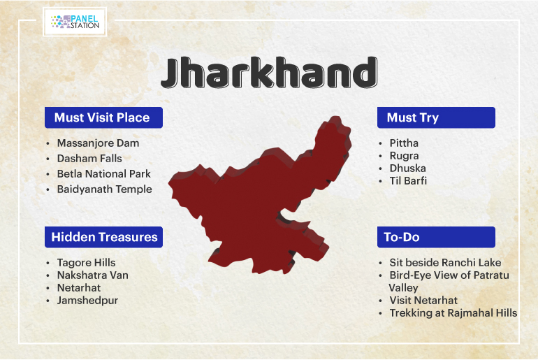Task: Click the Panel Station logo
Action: pyautogui.click(x=75, y=22)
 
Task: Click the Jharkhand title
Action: pyautogui.click(x=269, y=73)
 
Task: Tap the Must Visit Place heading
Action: pyautogui.click(x=103, y=117)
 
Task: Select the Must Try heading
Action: pyautogui.click(x=436, y=117)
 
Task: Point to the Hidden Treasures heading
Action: pyautogui.click(x=103, y=237)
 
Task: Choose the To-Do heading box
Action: pyautogui.click(x=436, y=237)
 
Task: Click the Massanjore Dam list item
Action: pyautogui.click(x=98, y=143)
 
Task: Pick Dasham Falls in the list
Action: pyautogui.click(x=89, y=159)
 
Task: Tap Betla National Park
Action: pyautogui.click(x=104, y=174)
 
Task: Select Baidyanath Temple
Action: pyautogui.click(x=104, y=189)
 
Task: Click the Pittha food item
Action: pyautogui.click(x=404, y=143)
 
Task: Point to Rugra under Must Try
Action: pyautogui.click(x=404, y=156)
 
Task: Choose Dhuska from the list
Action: pyautogui.click(x=407, y=168)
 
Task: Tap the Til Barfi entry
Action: pyautogui.click(x=408, y=181)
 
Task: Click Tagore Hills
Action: pyautogui.click(x=86, y=263)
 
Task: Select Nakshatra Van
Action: pyautogui.click(x=93, y=275)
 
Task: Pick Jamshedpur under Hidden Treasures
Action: pyautogui.click(x=87, y=301)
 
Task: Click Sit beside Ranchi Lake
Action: pyautogui.click(x=445, y=263)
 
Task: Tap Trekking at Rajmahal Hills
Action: pyautogui.click(x=453, y=313)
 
